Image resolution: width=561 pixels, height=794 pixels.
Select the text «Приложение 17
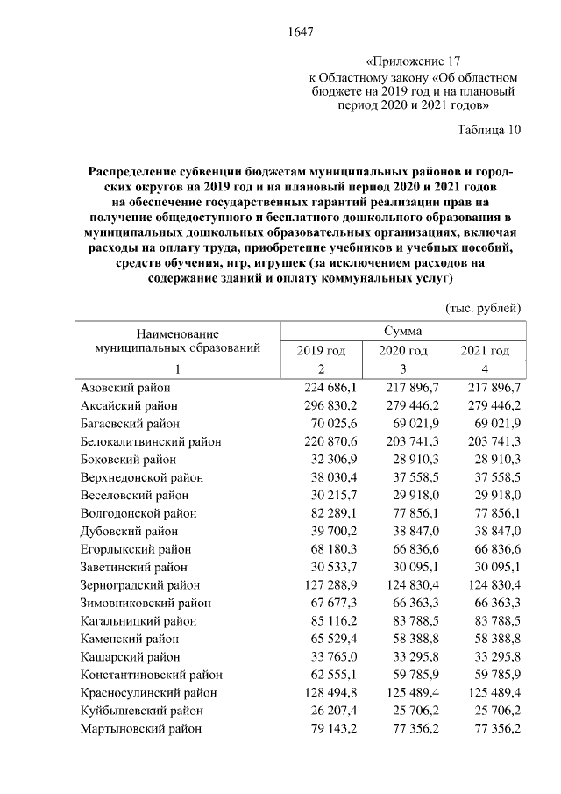pyautogui.click(x=413, y=61)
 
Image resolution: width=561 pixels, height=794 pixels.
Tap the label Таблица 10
pyautogui.click(x=488, y=132)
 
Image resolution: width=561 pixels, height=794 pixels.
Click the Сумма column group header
pyautogui.click(x=402, y=332)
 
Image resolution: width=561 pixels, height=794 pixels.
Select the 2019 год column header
pyautogui.click(x=321, y=351)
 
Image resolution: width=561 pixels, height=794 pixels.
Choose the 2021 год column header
pyautogui.click(x=484, y=351)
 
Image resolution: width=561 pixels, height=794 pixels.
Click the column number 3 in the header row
pyautogui.click(x=402, y=368)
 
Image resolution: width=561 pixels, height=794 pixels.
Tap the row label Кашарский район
pyautogui.click(x=129, y=656)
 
